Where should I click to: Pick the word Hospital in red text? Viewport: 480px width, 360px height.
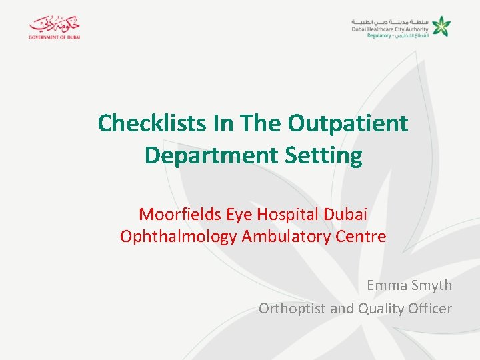pyautogui.click(x=284, y=215)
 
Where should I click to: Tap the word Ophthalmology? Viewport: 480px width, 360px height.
pyautogui.click(x=178, y=237)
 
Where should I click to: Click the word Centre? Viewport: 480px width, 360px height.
pyautogui.click(x=364, y=237)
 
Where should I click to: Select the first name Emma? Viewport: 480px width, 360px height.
pyautogui.click(x=387, y=285)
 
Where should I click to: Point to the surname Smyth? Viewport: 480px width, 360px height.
pyautogui.click(x=432, y=285)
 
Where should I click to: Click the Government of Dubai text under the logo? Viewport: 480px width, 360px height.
pyautogui.click(x=54, y=37)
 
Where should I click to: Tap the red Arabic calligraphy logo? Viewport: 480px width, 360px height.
pyautogui.click(x=54, y=24)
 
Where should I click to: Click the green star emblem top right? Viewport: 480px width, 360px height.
pyautogui.click(x=441, y=27)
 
